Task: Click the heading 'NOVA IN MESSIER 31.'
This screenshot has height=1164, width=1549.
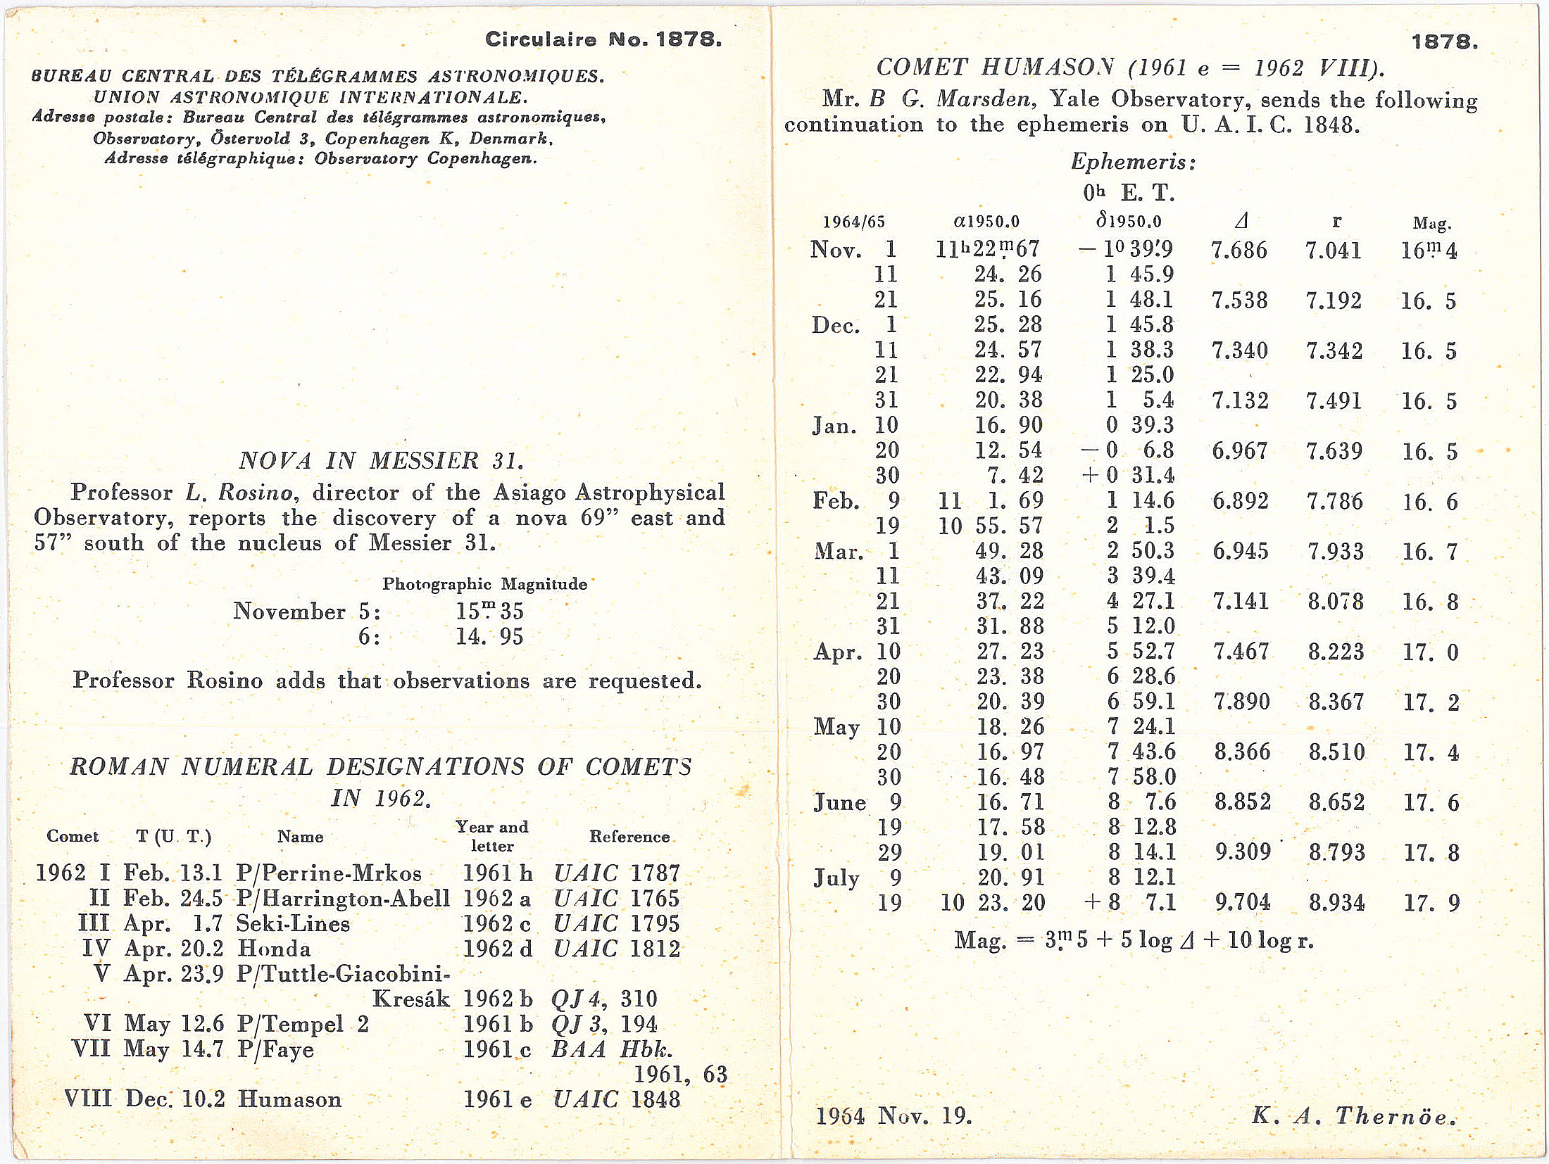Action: tap(381, 461)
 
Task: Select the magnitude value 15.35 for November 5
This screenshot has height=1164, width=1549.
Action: tap(489, 611)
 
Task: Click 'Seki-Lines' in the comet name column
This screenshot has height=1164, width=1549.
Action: tap(293, 923)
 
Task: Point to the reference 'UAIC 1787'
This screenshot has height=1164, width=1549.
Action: tap(617, 873)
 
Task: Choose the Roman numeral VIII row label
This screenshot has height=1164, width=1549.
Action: tap(88, 1099)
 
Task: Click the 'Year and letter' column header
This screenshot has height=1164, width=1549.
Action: tap(491, 836)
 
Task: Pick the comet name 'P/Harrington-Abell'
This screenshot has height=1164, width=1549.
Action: tap(343, 899)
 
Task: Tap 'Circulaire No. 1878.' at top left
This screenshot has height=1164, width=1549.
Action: tap(603, 39)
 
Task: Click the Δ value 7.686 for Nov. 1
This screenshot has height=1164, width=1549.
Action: tap(1238, 251)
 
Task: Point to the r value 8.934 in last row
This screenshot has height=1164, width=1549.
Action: tap(1336, 902)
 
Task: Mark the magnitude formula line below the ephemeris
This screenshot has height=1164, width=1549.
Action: tap(1134, 940)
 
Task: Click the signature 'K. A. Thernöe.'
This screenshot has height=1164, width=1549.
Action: tap(1353, 1115)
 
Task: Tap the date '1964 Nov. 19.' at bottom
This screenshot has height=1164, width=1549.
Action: tap(893, 1115)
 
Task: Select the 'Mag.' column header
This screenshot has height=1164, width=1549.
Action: tap(1431, 224)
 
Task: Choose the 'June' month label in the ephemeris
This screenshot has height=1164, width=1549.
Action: tap(839, 802)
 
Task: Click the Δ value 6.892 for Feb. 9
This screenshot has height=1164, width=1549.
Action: tap(1240, 501)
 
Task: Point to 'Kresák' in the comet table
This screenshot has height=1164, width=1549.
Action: tap(410, 999)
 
